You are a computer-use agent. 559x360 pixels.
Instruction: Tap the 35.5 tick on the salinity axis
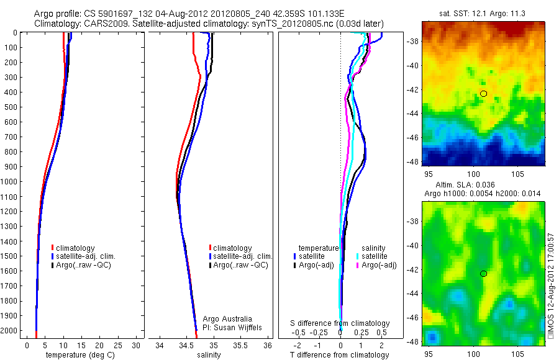[x=241, y=345]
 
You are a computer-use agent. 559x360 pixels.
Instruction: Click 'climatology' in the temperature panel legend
[x=76, y=248]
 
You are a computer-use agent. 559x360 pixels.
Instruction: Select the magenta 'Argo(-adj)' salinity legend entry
[x=379, y=265]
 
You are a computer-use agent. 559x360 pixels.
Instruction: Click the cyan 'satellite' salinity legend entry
[x=375, y=256]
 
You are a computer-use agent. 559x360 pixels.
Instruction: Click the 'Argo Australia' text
[x=227, y=318]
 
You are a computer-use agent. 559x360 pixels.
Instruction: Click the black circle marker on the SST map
[x=483, y=94]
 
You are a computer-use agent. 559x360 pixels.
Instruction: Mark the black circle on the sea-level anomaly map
[x=483, y=274]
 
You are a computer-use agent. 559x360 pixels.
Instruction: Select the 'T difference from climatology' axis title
[x=340, y=355]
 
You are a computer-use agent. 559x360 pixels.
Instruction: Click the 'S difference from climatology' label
[x=340, y=323]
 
